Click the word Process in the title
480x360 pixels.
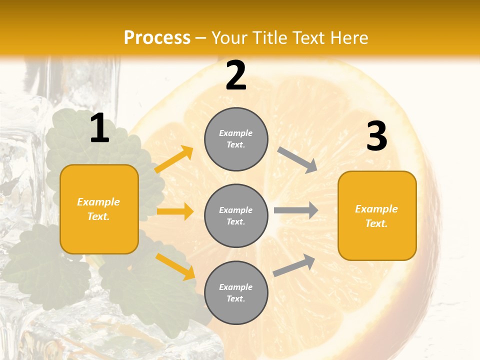(157, 37)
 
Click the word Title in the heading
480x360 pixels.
(270, 37)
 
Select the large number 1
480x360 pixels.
(99, 128)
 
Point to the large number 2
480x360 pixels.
(236, 75)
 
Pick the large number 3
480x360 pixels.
(376, 136)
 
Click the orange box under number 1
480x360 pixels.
(99, 209)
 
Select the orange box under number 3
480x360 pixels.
(377, 215)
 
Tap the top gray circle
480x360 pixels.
(236, 139)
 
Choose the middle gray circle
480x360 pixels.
(236, 215)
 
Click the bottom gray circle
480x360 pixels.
(236, 292)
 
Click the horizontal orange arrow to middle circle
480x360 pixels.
(175, 211)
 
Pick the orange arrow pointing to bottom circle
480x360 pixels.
(175, 266)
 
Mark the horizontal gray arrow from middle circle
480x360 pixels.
(295, 210)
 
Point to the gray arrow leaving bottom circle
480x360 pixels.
(294, 265)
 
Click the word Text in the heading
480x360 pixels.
(309, 37)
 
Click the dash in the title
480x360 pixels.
(201, 38)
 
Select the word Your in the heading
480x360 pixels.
(230, 37)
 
